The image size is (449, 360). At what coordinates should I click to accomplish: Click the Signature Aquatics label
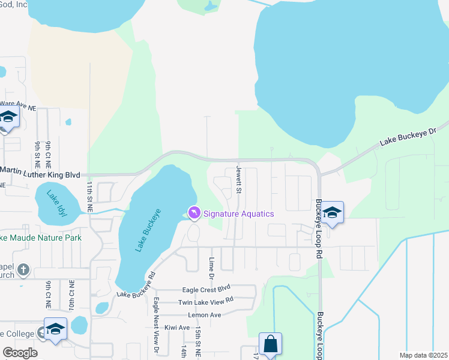click(238, 214)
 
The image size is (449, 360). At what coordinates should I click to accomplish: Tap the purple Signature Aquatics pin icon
click(194, 213)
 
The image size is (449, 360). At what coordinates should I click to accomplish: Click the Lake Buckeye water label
click(142, 230)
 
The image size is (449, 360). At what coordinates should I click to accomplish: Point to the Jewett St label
click(238, 181)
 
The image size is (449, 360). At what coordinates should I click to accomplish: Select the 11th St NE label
click(89, 196)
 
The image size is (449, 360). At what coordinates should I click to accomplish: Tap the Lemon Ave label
click(205, 315)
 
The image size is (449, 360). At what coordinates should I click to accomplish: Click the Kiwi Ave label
click(176, 328)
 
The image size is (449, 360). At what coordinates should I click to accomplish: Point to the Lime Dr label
click(211, 268)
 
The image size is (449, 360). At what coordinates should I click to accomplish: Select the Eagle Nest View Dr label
click(155, 325)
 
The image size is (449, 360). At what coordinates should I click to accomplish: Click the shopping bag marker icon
click(271, 344)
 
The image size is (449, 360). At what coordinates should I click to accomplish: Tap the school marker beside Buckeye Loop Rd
click(332, 212)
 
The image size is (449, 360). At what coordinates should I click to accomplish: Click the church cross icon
click(23, 269)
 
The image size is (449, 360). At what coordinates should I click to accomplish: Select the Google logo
click(20, 353)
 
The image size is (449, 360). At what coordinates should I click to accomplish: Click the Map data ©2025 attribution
click(423, 355)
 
